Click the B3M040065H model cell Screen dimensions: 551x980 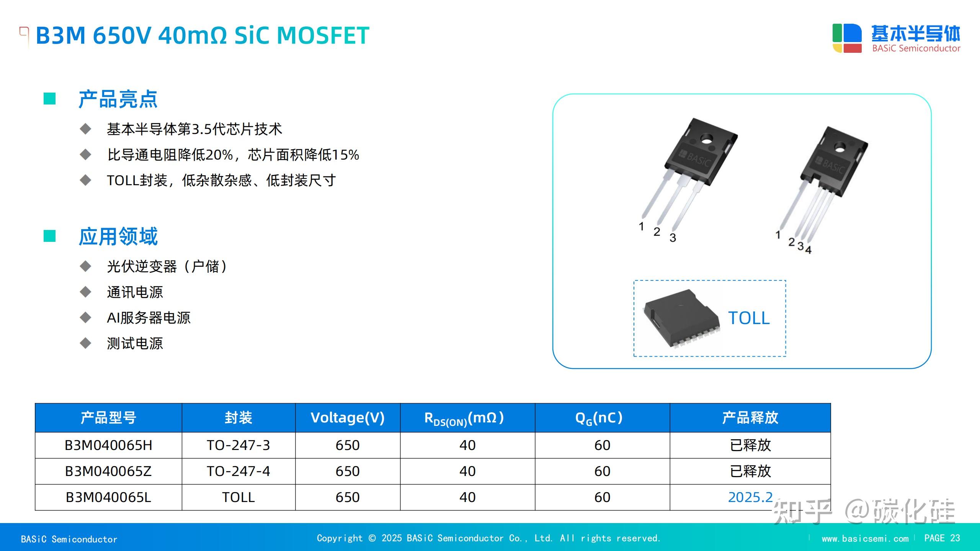coord(108,445)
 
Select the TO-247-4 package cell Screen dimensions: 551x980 coord(238,471)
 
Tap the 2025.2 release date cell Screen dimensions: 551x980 coord(750,497)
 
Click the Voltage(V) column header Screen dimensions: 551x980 coord(347,418)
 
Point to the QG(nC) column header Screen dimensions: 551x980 coord(599,418)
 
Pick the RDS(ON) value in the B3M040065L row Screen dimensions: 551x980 coord(467,497)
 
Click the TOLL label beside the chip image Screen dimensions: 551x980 coord(748,318)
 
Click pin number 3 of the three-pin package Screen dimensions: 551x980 coord(673,238)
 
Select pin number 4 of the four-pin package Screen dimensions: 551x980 coord(808,250)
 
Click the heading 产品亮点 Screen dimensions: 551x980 coord(118,99)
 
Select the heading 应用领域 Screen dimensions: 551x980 coord(118,236)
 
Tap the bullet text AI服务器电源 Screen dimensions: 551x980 coord(149,318)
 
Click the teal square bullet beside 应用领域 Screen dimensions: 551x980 coord(50,236)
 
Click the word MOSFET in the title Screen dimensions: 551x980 coord(323,36)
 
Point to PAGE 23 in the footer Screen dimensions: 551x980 coord(942,538)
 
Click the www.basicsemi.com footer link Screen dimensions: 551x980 coord(865,539)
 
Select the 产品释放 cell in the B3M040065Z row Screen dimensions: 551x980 coord(750,471)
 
